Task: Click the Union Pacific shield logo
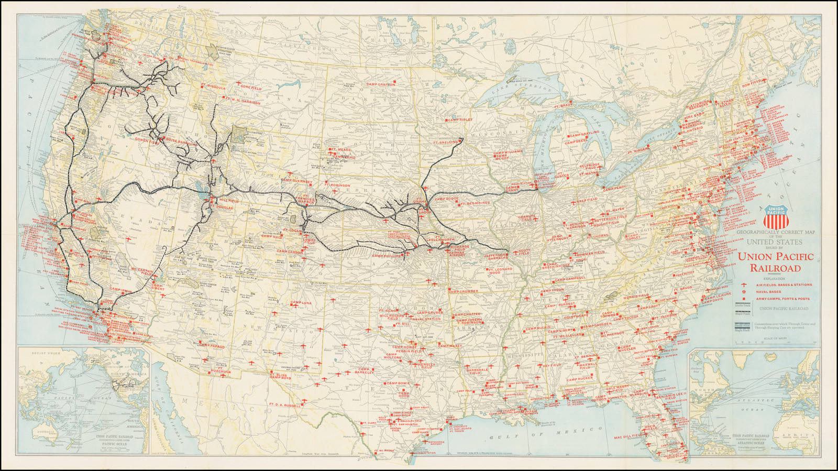(x=777, y=216)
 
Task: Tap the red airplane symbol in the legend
(x=743, y=285)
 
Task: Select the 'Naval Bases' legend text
(x=768, y=292)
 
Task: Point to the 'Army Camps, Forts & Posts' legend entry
(x=782, y=299)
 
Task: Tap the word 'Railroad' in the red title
(x=775, y=268)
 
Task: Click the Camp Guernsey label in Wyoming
(x=296, y=181)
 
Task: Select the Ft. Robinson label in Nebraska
(x=337, y=185)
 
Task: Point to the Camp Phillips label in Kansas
(x=387, y=256)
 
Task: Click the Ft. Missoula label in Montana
(x=213, y=87)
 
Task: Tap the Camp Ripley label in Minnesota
(x=459, y=120)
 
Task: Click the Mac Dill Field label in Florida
(x=627, y=436)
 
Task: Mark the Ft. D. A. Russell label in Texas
(x=285, y=404)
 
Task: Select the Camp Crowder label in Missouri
(x=464, y=291)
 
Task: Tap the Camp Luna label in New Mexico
(x=301, y=303)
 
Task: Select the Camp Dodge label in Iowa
(x=446, y=199)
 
